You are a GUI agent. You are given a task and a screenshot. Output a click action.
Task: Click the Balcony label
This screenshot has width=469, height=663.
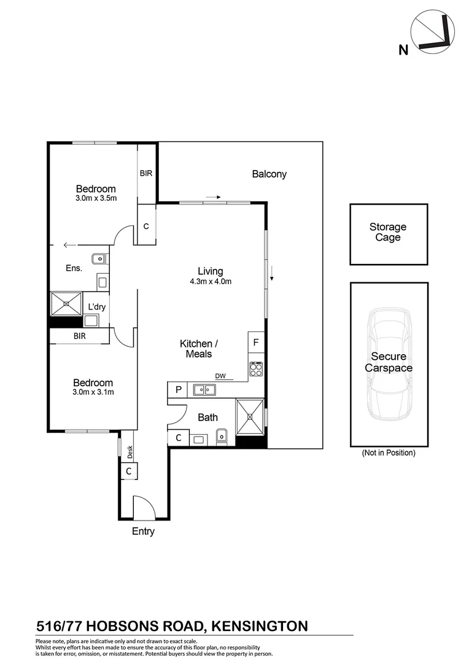pos(269,174)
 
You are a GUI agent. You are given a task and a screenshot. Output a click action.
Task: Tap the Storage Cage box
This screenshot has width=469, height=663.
pos(387,233)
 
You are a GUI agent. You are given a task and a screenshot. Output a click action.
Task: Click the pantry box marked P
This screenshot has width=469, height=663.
pos(177,389)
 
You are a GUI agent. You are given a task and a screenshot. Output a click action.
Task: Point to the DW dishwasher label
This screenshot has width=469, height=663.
pos(220,376)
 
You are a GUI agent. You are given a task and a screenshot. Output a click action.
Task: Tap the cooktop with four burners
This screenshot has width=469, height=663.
pos(255,369)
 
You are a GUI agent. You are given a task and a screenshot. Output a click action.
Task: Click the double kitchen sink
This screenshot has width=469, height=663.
pos(204,389)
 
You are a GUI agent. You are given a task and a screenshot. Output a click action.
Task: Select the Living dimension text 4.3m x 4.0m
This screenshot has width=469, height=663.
pos(210,282)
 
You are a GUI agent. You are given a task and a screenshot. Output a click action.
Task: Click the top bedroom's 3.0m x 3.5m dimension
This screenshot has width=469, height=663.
pos(96,198)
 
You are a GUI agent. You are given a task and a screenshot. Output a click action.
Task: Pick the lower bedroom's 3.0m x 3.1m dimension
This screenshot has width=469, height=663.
pos(93,392)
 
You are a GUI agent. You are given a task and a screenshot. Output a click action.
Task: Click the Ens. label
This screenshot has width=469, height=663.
pos(74,268)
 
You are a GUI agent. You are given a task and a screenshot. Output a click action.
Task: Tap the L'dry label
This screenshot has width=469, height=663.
pos(97,307)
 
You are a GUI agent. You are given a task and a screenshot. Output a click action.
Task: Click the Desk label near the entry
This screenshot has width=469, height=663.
pos(130,453)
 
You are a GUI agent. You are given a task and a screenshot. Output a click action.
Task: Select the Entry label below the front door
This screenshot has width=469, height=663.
pos(143,532)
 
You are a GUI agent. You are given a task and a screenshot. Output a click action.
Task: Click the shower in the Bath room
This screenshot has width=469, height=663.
pos(250,416)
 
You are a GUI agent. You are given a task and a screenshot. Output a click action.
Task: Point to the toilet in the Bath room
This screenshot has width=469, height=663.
pos(222,437)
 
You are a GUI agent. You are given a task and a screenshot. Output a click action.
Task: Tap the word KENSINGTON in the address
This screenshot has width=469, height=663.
pos(258,626)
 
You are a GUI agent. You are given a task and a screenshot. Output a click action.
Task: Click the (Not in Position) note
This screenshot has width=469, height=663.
pos(388,454)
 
